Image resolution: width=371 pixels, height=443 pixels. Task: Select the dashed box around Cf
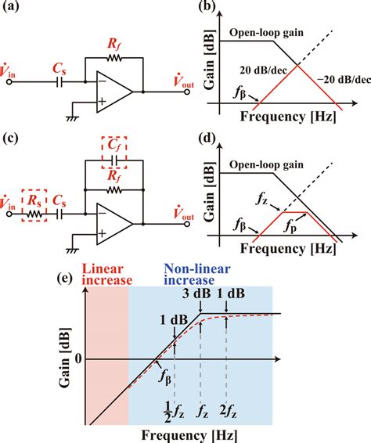click(115, 153)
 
